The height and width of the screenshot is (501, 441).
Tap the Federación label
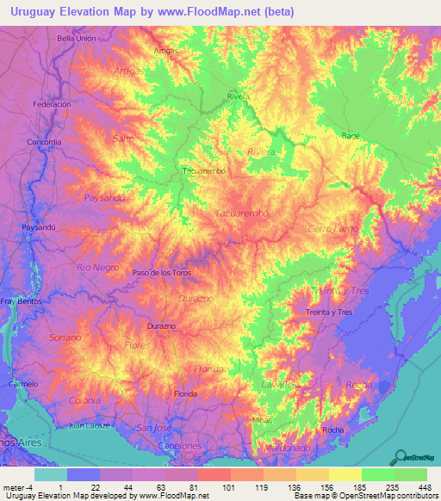click(51, 103)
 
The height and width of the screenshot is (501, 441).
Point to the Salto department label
click(124, 138)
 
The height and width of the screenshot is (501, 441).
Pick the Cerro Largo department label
click(331, 229)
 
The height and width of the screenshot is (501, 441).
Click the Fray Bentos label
click(17, 301)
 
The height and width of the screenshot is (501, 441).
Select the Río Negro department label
click(96, 268)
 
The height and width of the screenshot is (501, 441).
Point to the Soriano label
click(65, 337)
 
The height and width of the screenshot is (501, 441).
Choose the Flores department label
click(138, 345)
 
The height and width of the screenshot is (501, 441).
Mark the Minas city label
click(262, 419)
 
